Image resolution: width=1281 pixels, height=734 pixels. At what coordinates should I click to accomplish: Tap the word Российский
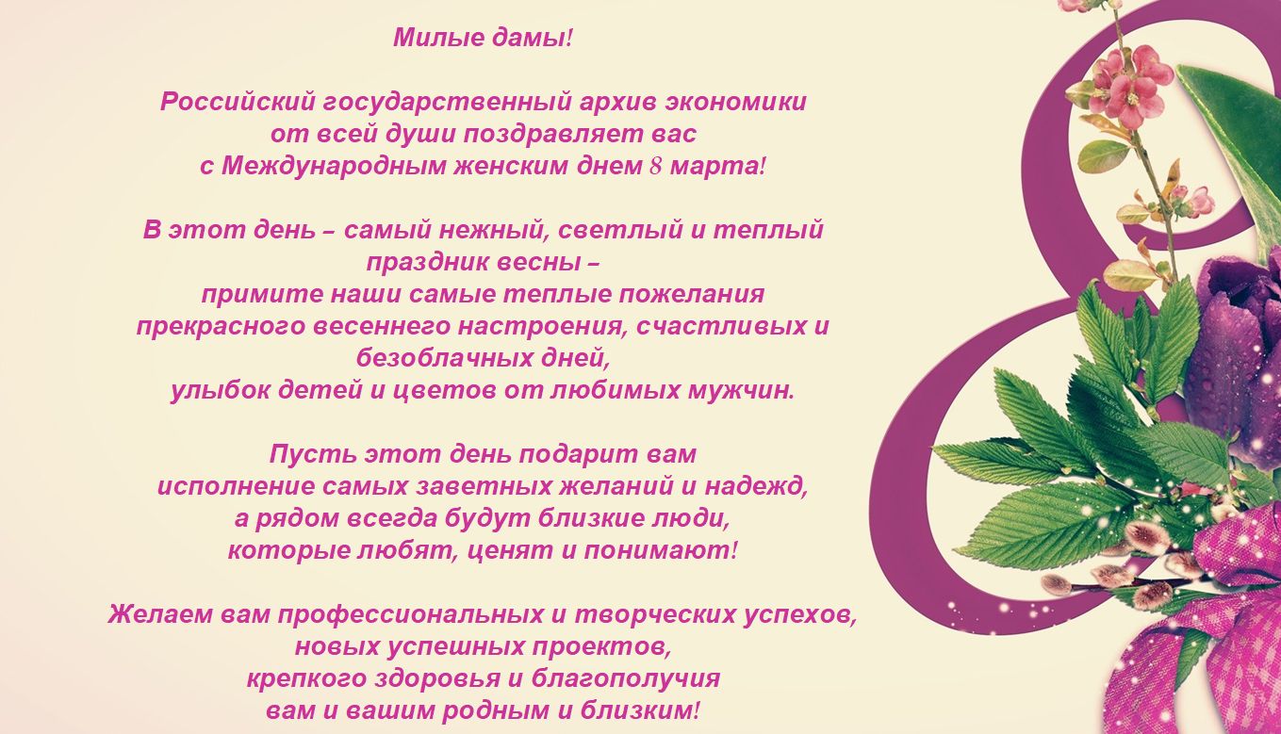click(238, 102)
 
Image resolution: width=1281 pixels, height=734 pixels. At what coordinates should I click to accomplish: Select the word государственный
click(447, 103)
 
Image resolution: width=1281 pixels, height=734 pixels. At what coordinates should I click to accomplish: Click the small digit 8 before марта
click(655, 167)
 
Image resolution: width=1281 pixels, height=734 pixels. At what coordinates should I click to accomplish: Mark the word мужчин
click(739, 391)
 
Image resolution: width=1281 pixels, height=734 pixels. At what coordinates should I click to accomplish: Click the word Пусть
click(313, 455)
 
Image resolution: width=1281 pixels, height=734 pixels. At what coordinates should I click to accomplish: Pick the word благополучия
click(626, 679)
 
